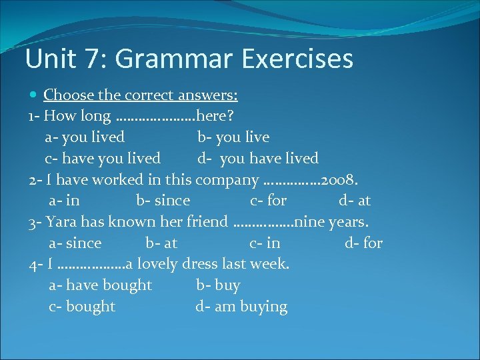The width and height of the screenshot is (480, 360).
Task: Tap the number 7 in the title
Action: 90,59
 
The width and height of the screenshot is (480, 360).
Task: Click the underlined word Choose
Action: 69,95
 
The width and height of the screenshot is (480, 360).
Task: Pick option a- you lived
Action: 85,137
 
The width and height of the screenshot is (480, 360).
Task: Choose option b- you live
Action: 233,137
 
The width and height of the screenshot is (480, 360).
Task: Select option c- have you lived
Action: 103,159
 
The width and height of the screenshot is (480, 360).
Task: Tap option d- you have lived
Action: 257,159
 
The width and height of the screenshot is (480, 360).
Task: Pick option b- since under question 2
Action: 163,201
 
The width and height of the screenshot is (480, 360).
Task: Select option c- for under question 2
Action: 269,201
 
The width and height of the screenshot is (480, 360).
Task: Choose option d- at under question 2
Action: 355,201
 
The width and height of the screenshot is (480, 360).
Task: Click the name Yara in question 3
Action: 62,222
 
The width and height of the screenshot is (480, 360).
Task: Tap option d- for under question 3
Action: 364,243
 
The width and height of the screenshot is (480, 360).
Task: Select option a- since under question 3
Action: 75,243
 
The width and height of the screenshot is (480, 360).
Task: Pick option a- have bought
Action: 101,285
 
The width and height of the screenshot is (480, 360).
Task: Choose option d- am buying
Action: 241,307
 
